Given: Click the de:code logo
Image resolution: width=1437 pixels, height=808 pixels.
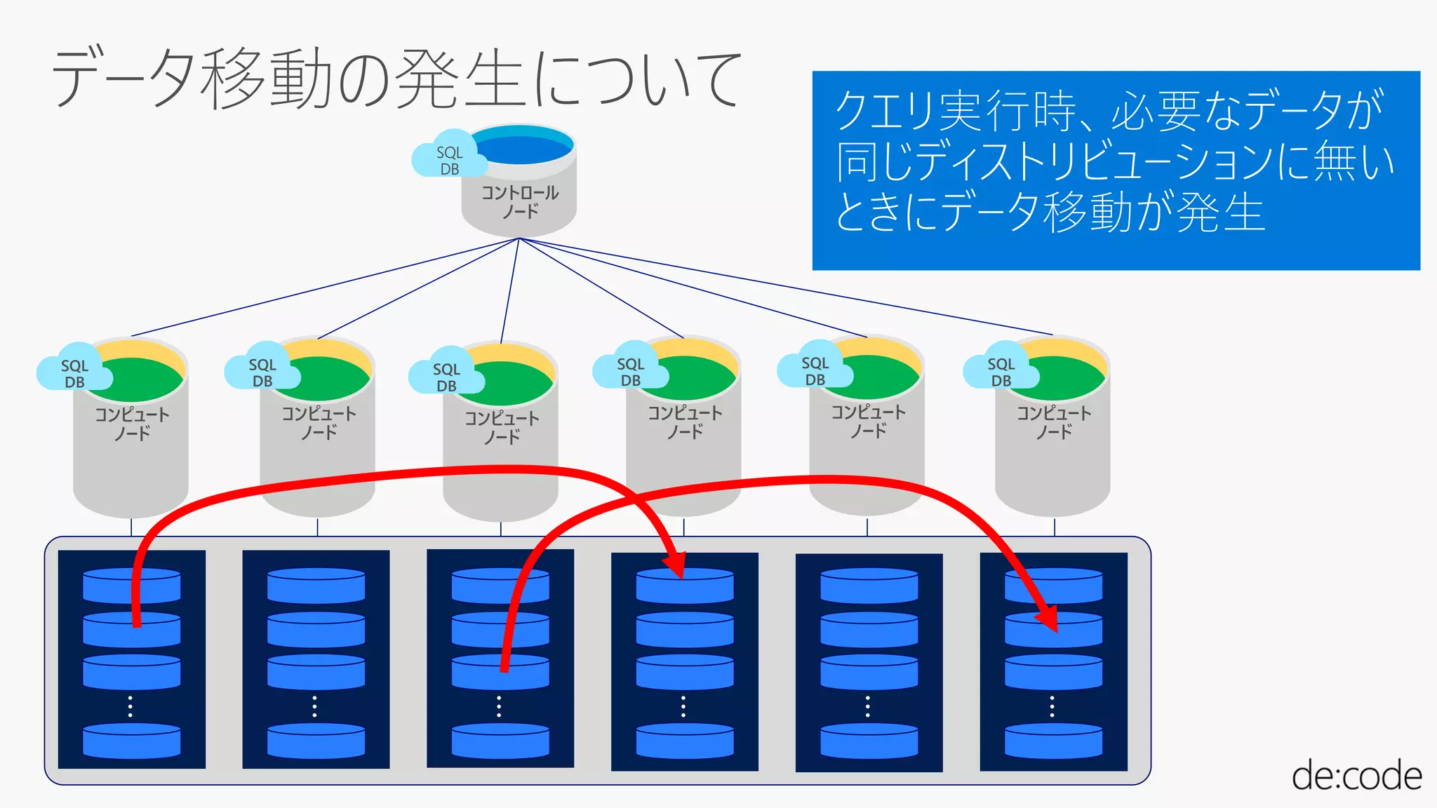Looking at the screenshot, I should [1356, 776].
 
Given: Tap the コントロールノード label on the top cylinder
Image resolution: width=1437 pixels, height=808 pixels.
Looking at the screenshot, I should [520, 201].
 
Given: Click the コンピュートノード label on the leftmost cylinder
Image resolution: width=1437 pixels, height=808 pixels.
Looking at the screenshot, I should [132, 424].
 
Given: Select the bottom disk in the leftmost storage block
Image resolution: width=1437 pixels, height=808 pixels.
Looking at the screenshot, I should [132, 741].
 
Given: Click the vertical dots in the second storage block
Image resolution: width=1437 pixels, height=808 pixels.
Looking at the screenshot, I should [314, 706].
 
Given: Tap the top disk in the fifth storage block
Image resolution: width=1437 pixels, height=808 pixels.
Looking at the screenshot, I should [869, 586].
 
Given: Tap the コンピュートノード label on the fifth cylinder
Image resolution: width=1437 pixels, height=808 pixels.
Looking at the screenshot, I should [868, 422].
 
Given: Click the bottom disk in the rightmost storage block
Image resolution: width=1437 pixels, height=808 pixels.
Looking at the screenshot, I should [1053, 741].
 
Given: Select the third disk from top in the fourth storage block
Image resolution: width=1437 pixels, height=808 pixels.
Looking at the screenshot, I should [685, 672].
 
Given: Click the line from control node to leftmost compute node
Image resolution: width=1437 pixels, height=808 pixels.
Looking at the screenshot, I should [323, 288].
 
